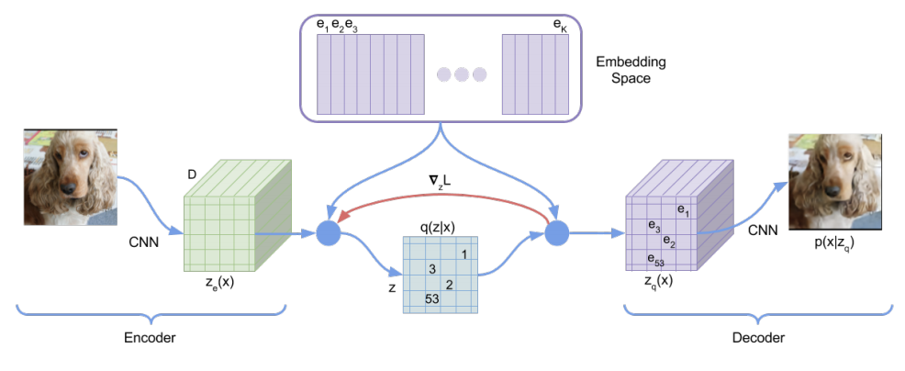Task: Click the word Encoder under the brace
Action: point(150,338)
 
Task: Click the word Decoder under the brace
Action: point(759,338)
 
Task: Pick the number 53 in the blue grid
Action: point(432,299)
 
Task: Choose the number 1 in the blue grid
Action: point(465,253)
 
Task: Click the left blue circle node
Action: point(329,234)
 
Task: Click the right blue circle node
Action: point(557,234)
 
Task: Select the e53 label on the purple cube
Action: point(654,261)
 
